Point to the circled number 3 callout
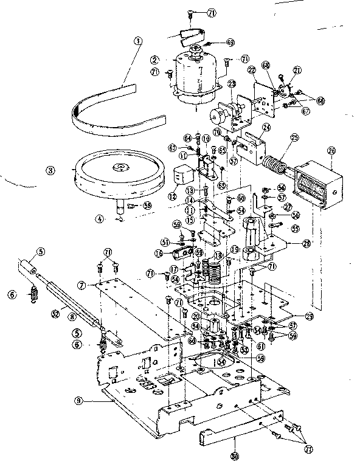54,170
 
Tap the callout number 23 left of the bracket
214,83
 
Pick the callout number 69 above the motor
230,43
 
